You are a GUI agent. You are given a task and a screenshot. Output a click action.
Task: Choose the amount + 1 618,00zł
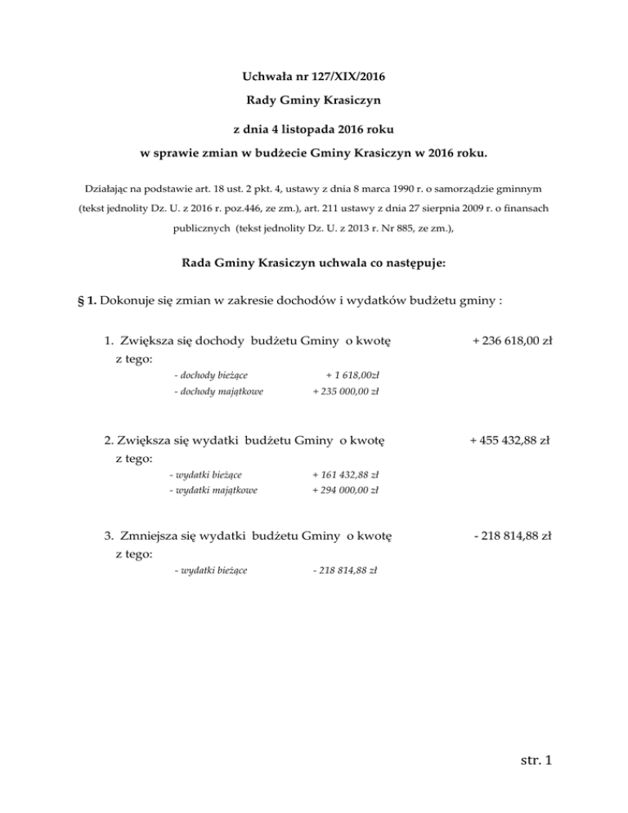coord(349,375)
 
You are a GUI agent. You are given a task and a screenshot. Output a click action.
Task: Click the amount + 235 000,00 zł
coord(345,392)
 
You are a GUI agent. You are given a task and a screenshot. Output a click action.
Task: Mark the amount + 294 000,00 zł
coord(344,491)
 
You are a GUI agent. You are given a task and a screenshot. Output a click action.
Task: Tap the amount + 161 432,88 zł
coord(344,474)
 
